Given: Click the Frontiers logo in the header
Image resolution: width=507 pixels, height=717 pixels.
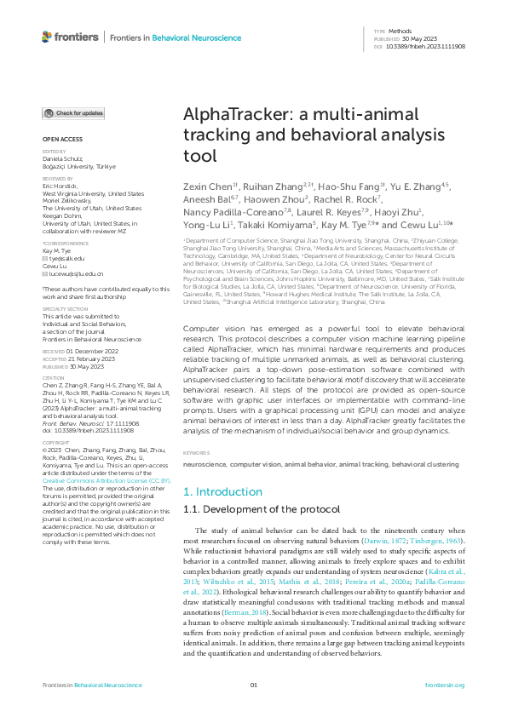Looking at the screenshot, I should tap(71, 37).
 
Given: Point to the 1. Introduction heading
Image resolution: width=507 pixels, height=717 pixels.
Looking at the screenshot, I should tap(224, 492).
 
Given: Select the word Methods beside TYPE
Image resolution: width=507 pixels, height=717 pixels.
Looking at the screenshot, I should tap(400, 31).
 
